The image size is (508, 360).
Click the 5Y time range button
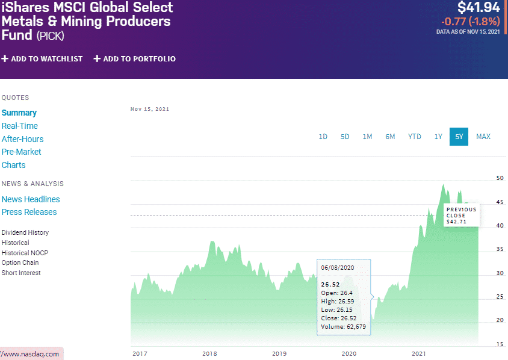coord(459,137)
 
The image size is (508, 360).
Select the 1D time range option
coord(323,137)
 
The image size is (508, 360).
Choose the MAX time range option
coord(483,137)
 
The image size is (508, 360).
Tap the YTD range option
coord(415,137)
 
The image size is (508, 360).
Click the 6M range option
coord(391,137)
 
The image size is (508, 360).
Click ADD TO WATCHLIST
coord(42,59)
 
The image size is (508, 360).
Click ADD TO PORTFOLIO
coord(135,59)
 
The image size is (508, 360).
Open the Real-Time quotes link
coord(20,126)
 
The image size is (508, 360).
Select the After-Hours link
coord(23,139)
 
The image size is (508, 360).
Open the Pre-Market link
coord(22,152)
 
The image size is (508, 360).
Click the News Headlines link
coord(31,199)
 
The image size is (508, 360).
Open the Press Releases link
coord(29,212)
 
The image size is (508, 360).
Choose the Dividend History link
coord(25,232)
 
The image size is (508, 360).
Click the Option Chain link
coord(20,262)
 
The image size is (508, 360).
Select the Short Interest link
coord(21,273)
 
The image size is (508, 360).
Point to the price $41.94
coord(479,8)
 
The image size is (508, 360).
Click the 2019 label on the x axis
coord(279,353)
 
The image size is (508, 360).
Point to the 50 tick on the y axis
coord(500,178)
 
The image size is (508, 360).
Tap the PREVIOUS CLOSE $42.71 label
coord(461,216)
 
